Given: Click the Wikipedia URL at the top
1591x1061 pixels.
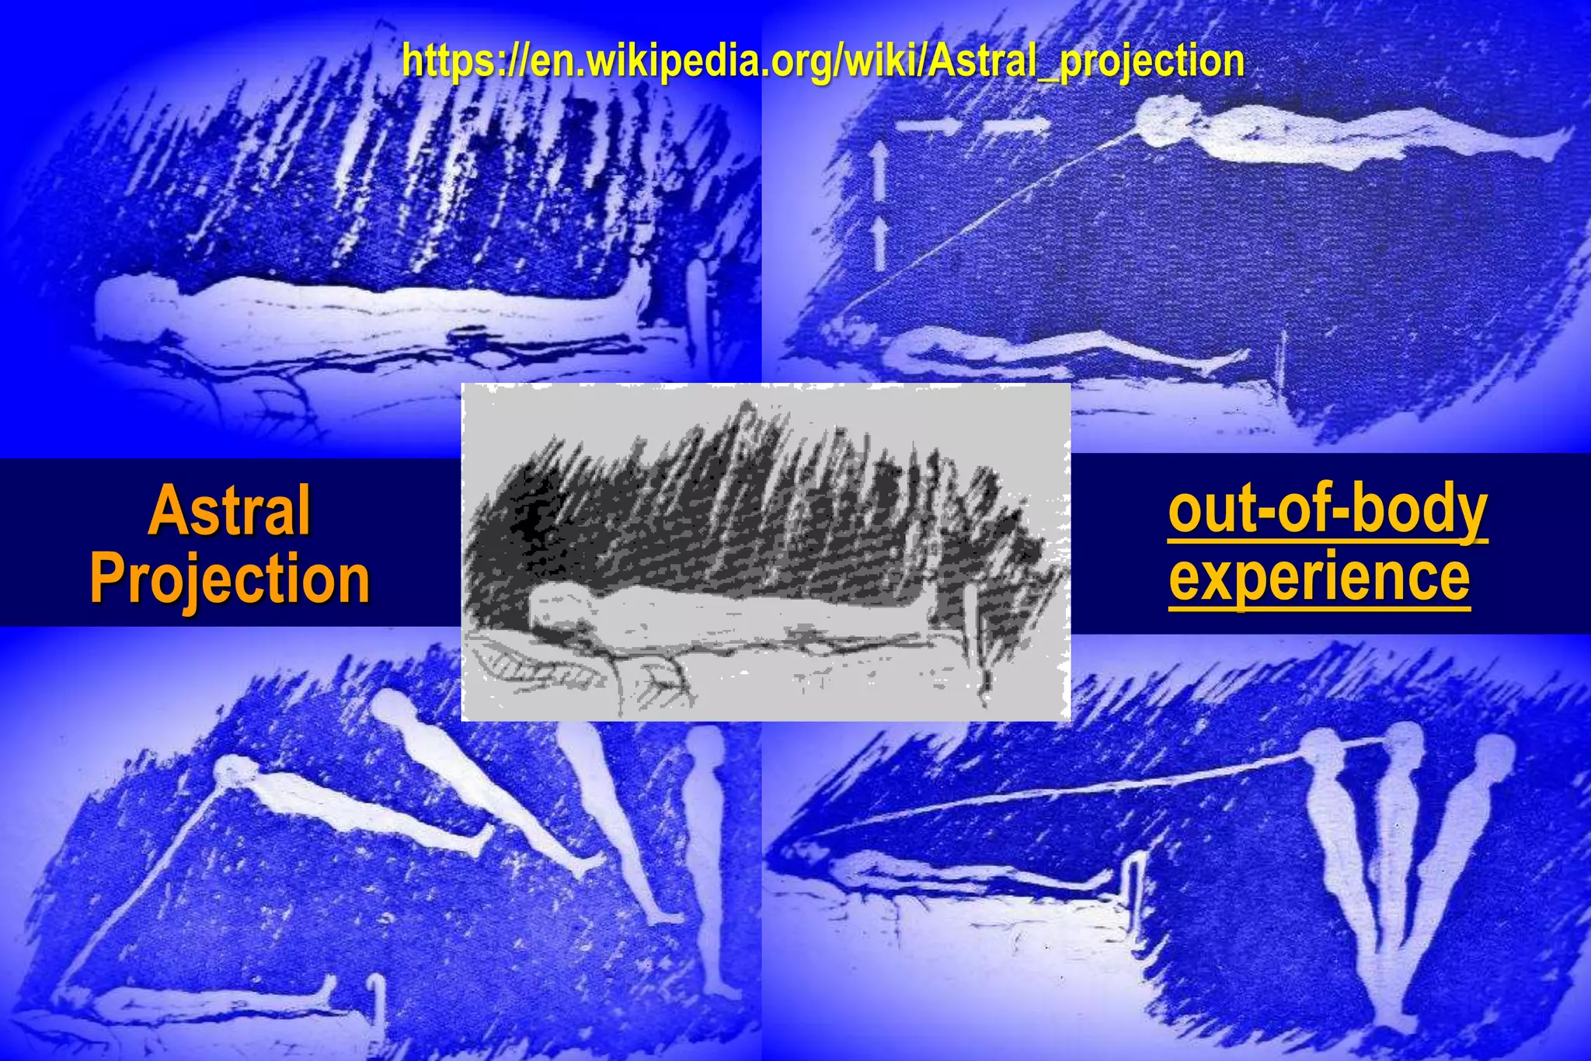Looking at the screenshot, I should pyautogui.click(x=823, y=61).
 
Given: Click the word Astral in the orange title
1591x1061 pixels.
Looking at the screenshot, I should pyautogui.click(x=230, y=510).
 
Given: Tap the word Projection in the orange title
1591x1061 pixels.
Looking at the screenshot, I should pyautogui.click(x=230, y=579).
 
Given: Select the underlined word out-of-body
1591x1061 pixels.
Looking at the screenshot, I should pyautogui.click(x=1327, y=510).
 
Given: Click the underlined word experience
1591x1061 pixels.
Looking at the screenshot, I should pyautogui.click(x=1319, y=577).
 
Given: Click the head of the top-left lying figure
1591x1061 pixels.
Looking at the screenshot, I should pyautogui.click(x=128, y=311).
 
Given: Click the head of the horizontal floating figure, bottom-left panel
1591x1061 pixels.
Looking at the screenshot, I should pyautogui.click(x=233, y=769).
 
